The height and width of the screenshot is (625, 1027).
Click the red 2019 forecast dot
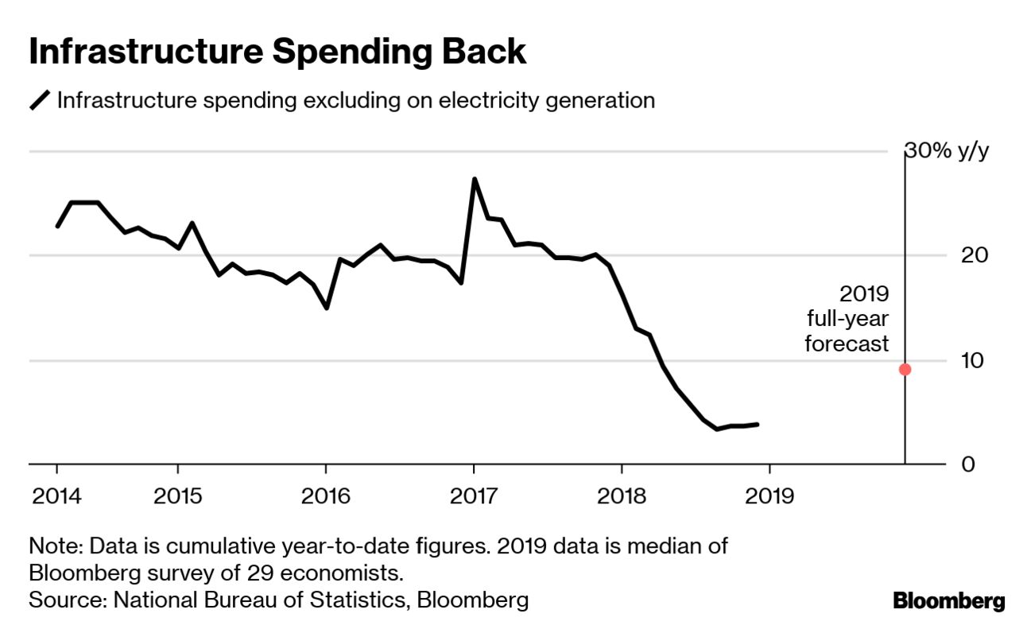(905, 369)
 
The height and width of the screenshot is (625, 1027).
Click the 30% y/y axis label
(947, 151)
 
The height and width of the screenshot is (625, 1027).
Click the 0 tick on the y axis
(945, 464)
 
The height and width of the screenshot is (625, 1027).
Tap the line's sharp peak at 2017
(475, 179)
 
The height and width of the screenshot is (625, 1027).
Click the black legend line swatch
(40, 101)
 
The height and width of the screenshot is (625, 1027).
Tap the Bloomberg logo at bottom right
(949, 601)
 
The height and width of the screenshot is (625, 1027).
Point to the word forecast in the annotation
(847, 344)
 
